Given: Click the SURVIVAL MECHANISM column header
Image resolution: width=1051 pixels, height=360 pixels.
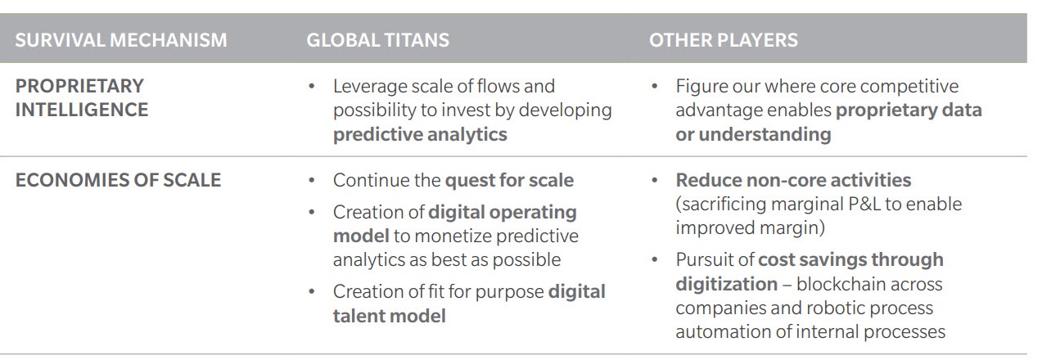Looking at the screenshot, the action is (x=121, y=40).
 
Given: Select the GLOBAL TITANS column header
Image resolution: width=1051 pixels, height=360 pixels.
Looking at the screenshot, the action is (x=377, y=40).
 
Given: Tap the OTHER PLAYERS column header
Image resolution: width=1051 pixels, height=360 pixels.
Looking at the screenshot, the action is (x=723, y=40).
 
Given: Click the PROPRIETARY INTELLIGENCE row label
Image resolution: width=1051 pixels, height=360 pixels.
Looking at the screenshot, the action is (x=82, y=98).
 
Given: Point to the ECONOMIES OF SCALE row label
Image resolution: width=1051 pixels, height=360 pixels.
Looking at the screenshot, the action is (x=118, y=180).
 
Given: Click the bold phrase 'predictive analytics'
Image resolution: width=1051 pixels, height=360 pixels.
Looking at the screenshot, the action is (x=420, y=134).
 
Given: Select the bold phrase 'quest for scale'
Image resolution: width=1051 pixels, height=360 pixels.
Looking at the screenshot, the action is (x=509, y=181).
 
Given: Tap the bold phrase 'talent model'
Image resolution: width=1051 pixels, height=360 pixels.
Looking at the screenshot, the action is (x=390, y=316).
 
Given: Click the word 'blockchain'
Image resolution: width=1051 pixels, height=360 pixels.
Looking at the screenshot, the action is (x=869, y=284).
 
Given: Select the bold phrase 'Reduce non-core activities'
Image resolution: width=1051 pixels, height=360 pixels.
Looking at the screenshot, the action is (x=793, y=180).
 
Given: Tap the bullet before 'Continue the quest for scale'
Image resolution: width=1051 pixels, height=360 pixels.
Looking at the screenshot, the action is (x=312, y=181).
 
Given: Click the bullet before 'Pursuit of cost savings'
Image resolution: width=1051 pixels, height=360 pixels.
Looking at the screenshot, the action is (x=655, y=259).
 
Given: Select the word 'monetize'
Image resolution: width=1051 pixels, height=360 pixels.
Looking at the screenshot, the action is (x=453, y=236).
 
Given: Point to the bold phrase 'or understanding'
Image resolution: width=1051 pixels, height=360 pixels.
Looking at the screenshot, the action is (x=753, y=134).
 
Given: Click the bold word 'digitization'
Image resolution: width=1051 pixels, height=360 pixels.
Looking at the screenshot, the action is (x=727, y=284).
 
